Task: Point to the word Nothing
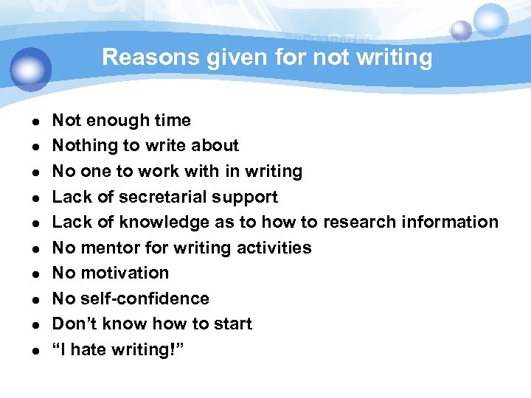[83, 146]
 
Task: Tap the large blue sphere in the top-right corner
[490, 21]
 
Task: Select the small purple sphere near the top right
[461, 30]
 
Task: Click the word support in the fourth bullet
[248, 197]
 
